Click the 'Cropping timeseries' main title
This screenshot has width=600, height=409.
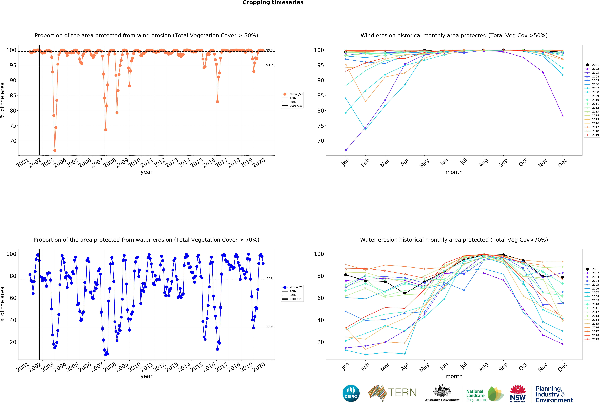click(273, 3)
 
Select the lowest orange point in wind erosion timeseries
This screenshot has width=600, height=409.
click(55, 150)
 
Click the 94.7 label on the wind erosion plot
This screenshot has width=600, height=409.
click(270, 65)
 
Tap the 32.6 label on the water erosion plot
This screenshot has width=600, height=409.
click(270, 327)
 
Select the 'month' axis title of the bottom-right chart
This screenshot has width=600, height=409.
click(454, 376)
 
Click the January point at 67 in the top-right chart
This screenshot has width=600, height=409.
click(346, 150)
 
